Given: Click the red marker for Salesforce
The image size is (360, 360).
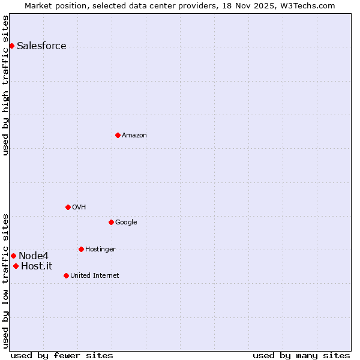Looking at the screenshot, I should [x=11, y=46].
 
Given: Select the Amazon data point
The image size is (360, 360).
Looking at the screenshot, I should [x=118, y=135].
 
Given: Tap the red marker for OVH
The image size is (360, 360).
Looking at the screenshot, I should [x=68, y=207].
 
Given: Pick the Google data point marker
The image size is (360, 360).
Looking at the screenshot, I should [x=111, y=222].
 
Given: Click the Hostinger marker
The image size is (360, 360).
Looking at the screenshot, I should [x=81, y=249].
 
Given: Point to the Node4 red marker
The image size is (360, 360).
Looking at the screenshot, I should [x=13, y=256].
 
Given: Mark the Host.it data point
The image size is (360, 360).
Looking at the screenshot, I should [x=16, y=266].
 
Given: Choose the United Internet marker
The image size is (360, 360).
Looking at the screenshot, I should [x=66, y=275].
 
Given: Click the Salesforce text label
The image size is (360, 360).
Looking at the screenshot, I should [x=41, y=46].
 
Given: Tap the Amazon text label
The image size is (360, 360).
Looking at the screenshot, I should [x=134, y=136].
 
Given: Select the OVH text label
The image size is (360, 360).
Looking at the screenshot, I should [x=79, y=208].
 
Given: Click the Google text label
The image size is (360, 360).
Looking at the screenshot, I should [x=126, y=223].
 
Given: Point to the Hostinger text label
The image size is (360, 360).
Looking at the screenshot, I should [x=100, y=250].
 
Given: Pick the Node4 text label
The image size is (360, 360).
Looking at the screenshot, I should [x=34, y=256].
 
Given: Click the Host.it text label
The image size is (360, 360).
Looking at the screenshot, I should [x=37, y=266].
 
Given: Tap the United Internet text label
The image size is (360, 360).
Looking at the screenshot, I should [x=95, y=276].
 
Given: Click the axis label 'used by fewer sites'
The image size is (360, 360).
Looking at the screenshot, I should [x=62, y=355].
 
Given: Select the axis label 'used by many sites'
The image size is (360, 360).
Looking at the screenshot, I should [x=301, y=355].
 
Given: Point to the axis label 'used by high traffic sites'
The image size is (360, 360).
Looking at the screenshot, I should [x=5, y=85].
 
